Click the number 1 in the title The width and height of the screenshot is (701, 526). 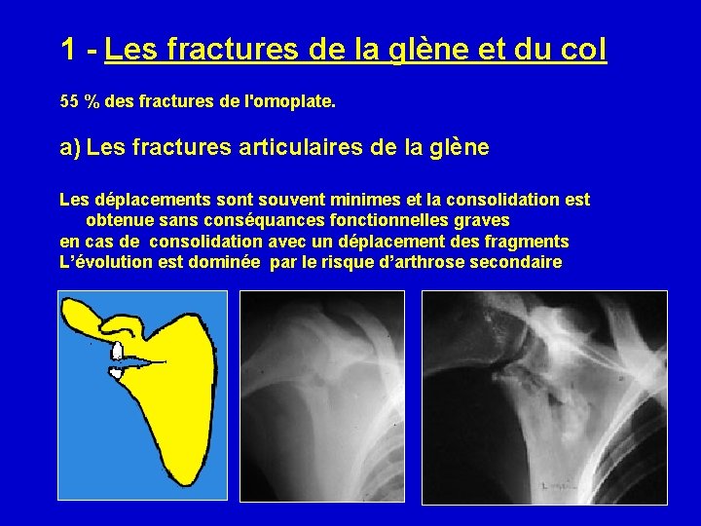pyautogui.click(x=68, y=48)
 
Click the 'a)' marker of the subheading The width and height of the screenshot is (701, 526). pyautogui.click(x=70, y=148)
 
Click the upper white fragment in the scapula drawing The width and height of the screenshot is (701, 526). pyautogui.click(x=117, y=350)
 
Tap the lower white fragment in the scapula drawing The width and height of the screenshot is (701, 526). pyautogui.click(x=117, y=372)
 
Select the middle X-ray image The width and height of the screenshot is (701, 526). pyautogui.click(x=321, y=396)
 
